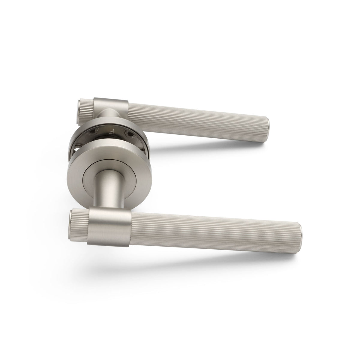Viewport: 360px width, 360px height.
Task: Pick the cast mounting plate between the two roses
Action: [105, 136]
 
